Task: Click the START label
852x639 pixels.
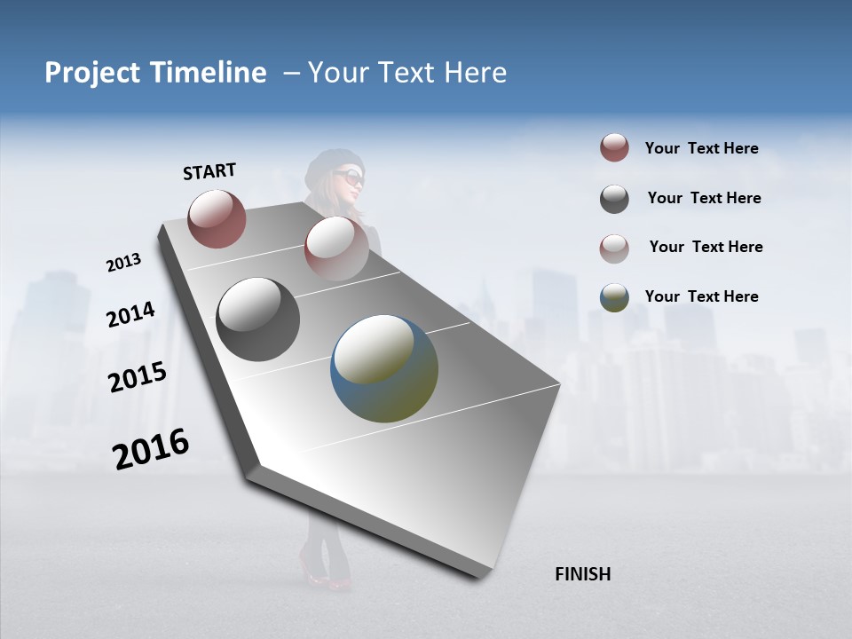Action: pos(209,171)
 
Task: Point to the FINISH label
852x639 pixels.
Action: pos(582,574)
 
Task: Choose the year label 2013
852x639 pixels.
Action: pos(124,263)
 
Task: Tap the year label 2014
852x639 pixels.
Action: pos(130,315)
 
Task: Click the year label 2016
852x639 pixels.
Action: pos(151,449)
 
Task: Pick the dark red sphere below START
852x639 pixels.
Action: pos(217,218)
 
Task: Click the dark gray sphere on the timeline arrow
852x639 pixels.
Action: pos(257,319)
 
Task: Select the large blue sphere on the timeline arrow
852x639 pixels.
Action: pos(384,368)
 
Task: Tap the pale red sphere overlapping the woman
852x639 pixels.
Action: pos(335,248)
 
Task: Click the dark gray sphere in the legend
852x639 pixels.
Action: pos(614,199)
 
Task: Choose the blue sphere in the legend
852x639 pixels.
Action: pos(614,297)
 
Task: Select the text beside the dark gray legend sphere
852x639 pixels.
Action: pos(704,198)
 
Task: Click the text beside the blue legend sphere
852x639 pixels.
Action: pos(701,296)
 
